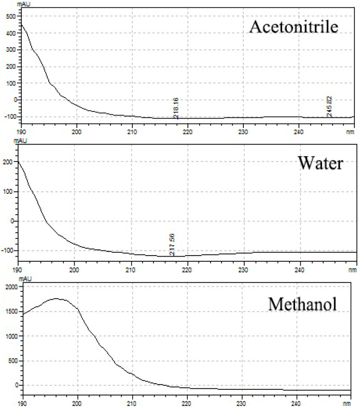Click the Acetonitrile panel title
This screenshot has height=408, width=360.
coord(294,26)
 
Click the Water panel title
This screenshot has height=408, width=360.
coord(320,163)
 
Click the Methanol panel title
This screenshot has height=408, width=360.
coord(302,304)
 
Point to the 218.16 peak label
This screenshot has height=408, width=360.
coord(176,108)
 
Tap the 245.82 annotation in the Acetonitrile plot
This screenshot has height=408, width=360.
coord(328,106)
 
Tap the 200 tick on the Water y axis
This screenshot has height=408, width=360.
coord(8,162)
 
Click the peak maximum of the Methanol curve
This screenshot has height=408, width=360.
coord(56,298)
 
